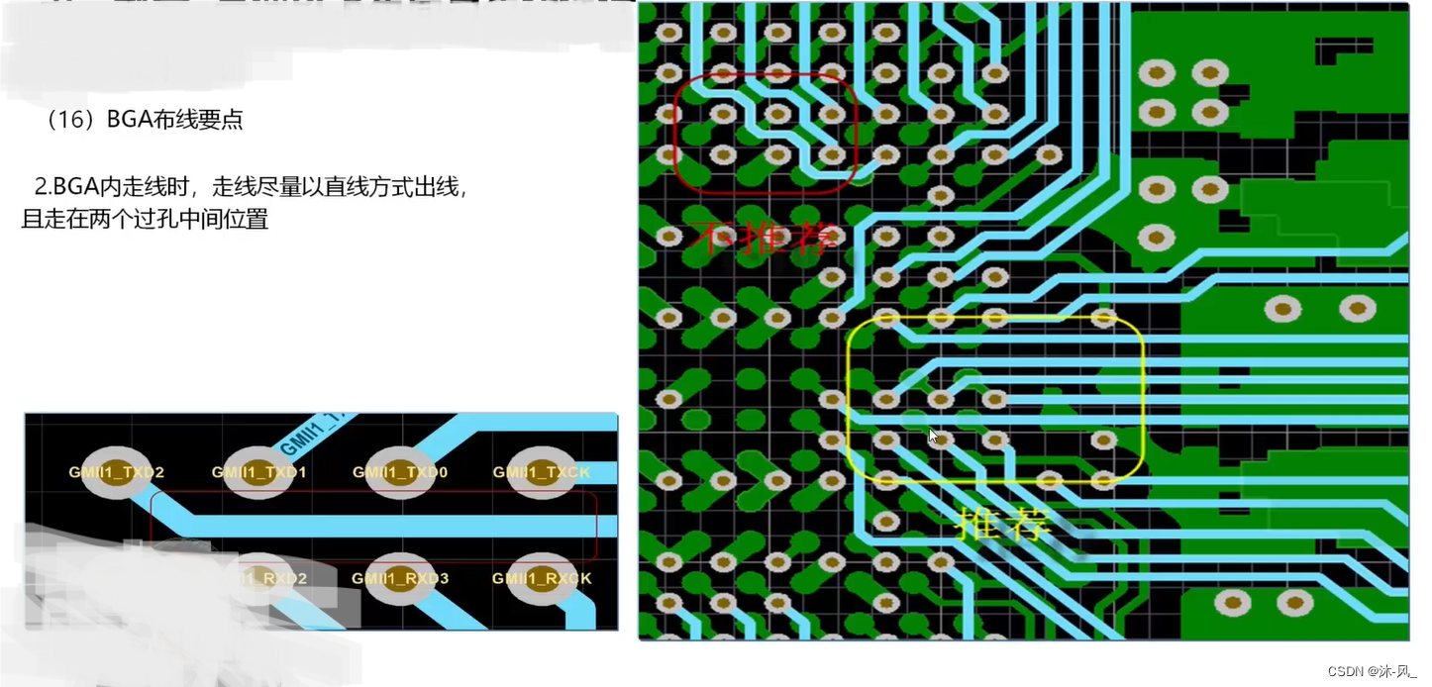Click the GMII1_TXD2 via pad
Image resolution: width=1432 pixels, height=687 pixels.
point(117,472)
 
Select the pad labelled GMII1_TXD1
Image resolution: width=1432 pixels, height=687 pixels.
point(259,472)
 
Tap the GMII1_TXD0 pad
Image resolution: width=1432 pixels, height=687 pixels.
point(400,472)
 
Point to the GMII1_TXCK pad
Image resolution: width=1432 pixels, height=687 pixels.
point(541,472)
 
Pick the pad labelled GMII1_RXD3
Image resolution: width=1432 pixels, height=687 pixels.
point(400,578)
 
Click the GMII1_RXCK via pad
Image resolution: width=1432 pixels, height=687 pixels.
point(541,578)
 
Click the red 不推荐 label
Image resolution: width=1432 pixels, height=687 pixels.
point(767,238)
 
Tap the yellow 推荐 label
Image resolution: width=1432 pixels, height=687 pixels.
point(1003,526)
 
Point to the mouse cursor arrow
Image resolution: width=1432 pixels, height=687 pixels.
point(932,435)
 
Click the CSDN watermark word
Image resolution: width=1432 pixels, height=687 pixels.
point(1347,671)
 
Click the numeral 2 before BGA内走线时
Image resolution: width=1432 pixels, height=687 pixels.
point(41,186)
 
